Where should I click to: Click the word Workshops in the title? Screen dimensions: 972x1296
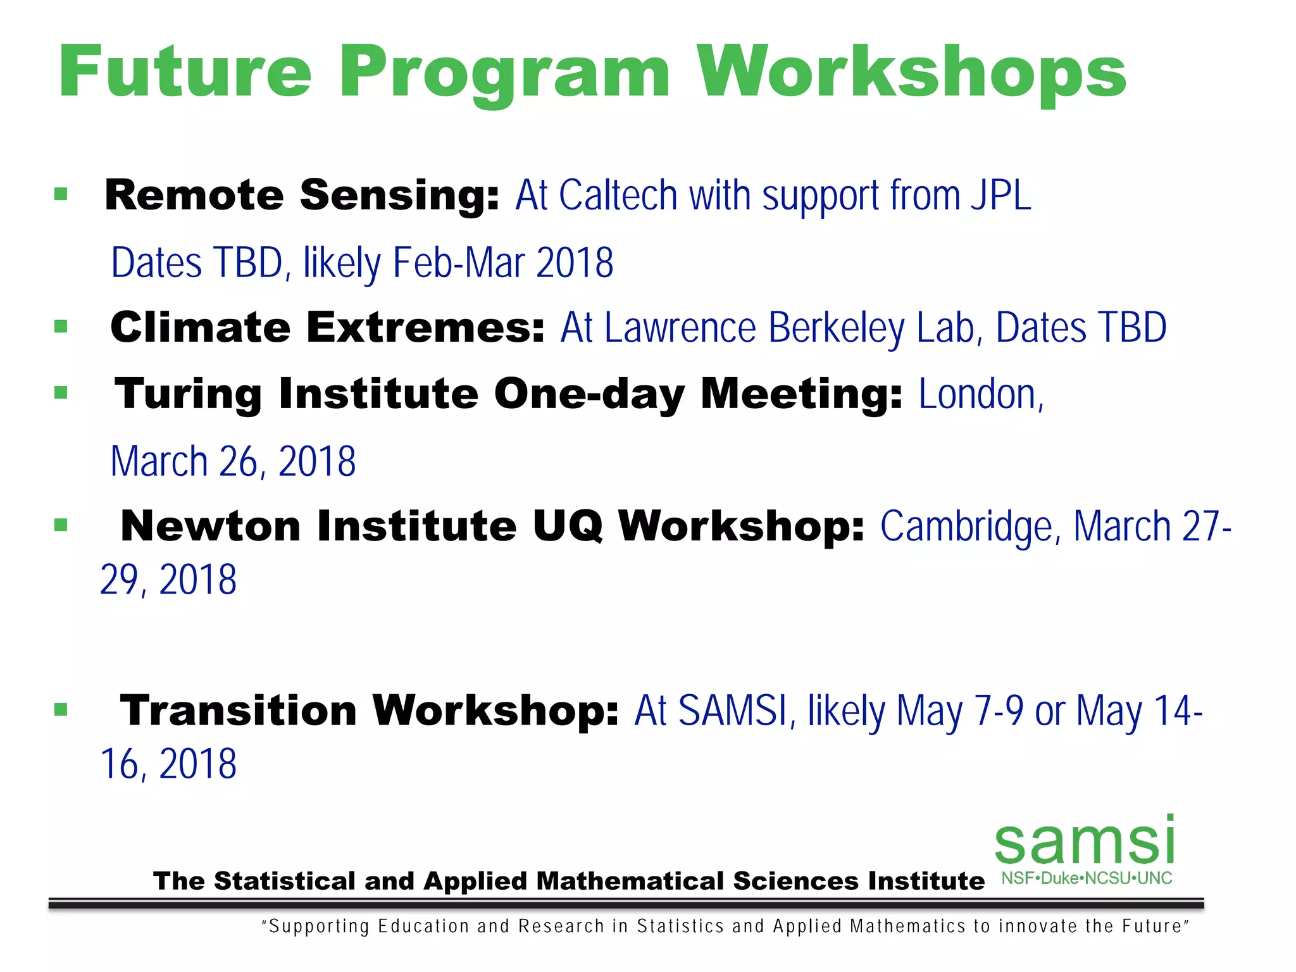point(911,73)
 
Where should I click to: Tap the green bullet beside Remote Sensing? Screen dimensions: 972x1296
point(61,194)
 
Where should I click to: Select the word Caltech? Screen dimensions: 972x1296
point(618,195)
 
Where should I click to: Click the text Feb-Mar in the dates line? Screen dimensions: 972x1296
point(458,263)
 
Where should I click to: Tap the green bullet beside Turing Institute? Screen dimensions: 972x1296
point(61,393)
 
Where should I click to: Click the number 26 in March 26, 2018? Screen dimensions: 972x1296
point(237,461)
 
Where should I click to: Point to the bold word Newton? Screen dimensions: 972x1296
point(210,526)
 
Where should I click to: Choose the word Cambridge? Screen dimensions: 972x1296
point(967,526)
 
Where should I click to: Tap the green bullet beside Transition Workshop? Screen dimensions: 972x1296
point(61,710)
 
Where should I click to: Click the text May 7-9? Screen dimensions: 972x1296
point(959,711)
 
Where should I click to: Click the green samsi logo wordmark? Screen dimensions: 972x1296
point(1085,842)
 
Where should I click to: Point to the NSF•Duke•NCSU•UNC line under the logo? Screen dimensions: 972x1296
point(1087,878)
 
